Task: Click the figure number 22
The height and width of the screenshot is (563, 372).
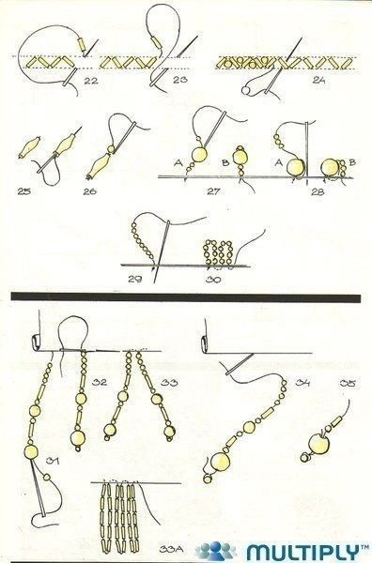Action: (91, 81)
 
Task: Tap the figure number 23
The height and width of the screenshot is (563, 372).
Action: (179, 80)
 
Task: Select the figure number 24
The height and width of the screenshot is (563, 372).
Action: (318, 80)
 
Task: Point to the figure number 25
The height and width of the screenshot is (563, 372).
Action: (24, 191)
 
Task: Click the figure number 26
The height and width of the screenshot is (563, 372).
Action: (90, 191)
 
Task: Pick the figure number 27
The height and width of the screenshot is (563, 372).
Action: (213, 191)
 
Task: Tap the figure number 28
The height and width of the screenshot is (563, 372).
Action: (318, 191)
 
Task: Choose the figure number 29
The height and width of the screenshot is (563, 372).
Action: (134, 279)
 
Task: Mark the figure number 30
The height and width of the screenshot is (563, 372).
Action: (213, 279)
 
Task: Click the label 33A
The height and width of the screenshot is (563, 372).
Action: (172, 549)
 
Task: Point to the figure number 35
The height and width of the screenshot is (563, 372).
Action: (348, 384)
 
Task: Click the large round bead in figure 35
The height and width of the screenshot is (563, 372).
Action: (319, 444)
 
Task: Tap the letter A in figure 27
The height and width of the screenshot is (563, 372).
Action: (178, 163)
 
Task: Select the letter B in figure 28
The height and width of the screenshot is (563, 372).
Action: (352, 162)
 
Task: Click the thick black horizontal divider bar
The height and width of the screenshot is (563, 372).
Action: (186, 297)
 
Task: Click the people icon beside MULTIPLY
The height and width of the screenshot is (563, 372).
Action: (216, 551)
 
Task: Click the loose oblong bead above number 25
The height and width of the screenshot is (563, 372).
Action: (29, 147)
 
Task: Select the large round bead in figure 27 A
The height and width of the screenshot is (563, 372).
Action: (199, 155)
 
